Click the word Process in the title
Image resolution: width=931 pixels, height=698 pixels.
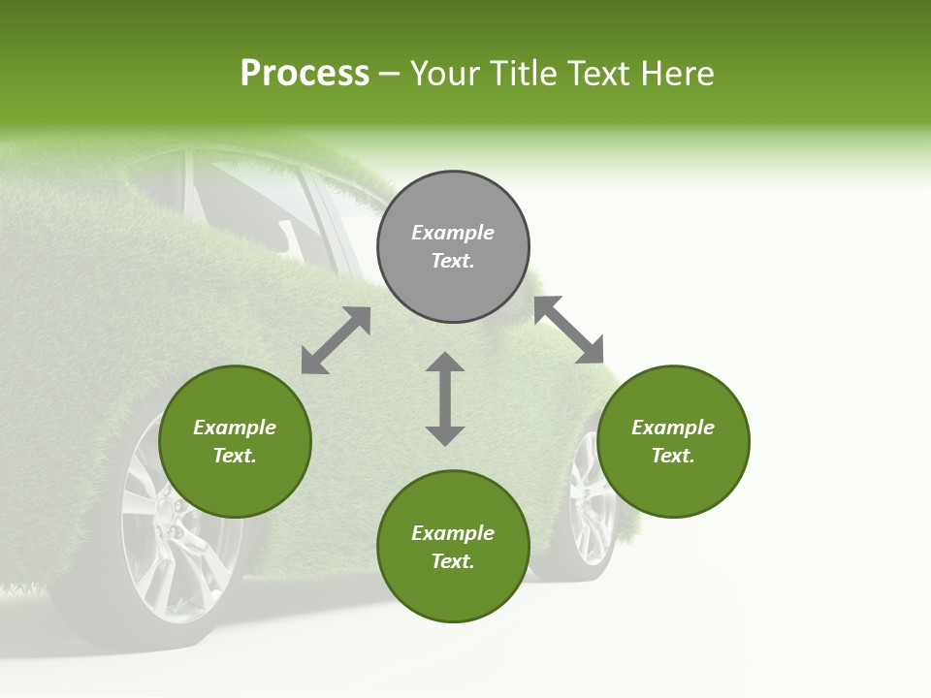point(305,74)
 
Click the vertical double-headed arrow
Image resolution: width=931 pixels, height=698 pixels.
point(445,398)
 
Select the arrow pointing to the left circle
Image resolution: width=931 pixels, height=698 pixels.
point(336,340)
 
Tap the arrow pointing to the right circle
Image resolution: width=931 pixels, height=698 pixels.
point(569,331)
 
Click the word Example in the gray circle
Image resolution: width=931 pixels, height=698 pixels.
point(453,233)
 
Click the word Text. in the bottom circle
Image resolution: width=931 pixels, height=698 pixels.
point(453,561)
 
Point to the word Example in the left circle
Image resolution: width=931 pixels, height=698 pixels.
point(235,428)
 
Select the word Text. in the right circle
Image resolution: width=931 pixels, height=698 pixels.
point(673,456)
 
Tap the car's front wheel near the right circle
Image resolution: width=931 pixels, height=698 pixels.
point(588,509)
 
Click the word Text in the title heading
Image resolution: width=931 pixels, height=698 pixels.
point(595,74)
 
